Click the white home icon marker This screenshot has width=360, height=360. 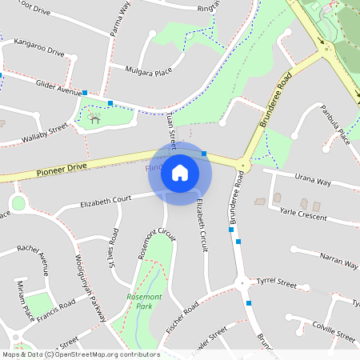click(x=180, y=172)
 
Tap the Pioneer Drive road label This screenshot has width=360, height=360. click(x=60, y=170)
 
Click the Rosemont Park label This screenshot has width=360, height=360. click(x=145, y=301)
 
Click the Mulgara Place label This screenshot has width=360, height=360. click(x=149, y=72)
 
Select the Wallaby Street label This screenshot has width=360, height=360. click(x=46, y=133)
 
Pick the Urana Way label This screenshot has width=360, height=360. click(x=312, y=182)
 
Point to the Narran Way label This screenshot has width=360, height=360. click(x=338, y=261)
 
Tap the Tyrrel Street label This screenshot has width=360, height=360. click(x=276, y=284)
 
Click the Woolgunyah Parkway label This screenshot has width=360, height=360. click(x=91, y=287)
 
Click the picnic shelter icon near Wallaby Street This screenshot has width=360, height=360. click(x=94, y=119)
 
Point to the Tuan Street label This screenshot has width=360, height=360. click(x=170, y=126)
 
